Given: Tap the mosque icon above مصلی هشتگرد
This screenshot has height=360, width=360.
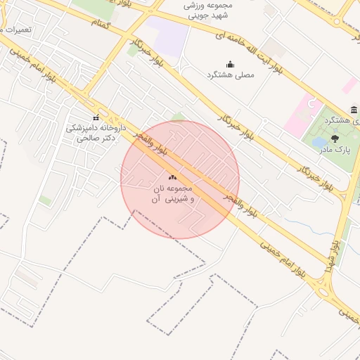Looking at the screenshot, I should point(230,64).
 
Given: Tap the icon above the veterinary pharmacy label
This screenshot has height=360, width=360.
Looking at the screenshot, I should point(96,117).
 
